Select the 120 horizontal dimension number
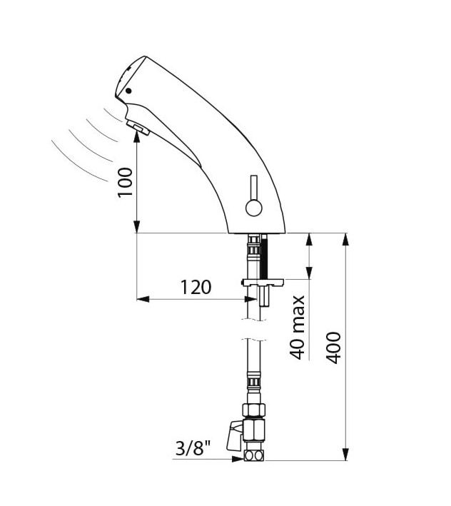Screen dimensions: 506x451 [x=196, y=287]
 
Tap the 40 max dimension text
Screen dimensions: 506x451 [x=298, y=326]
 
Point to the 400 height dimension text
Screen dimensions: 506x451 [x=333, y=348]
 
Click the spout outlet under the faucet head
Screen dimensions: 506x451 [x=138, y=128]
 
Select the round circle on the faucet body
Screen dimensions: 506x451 [x=253, y=208]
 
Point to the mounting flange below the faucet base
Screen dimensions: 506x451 [x=262, y=283]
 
